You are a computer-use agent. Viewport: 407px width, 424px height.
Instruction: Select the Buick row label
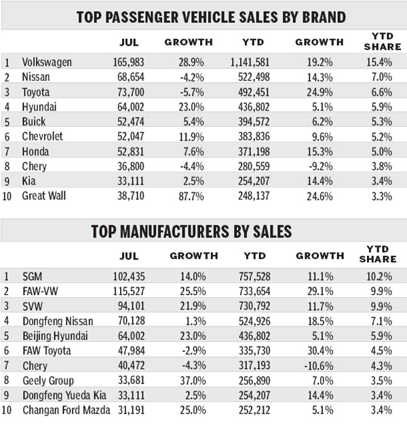[34, 123]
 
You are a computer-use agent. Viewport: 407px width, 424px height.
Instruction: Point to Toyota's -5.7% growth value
[192, 93]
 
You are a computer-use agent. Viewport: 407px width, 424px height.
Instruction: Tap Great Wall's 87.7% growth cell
[192, 197]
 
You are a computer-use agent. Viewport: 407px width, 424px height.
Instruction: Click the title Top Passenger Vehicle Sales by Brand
[203, 16]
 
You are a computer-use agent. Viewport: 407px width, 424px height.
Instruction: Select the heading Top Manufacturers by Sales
[203, 231]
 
